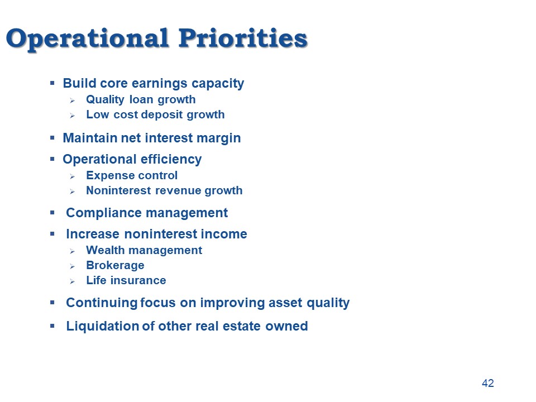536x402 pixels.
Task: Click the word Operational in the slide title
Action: click(87, 39)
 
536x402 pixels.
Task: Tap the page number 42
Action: click(488, 383)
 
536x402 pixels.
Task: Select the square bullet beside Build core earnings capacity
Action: click(52, 83)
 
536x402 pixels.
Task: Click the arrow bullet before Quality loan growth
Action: click(72, 100)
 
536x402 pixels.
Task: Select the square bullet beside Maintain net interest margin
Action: click(52, 138)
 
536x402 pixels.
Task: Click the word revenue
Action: click(178, 191)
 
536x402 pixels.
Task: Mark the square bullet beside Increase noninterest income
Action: click(52, 234)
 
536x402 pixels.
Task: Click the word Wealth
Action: click(106, 250)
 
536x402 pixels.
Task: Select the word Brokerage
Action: click(115, 266)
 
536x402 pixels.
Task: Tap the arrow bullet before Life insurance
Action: click(72, 281)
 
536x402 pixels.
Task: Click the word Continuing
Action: click(102, 303)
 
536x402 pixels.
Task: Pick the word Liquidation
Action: click(102, 327)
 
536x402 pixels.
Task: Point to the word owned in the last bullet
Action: click(286, 326)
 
